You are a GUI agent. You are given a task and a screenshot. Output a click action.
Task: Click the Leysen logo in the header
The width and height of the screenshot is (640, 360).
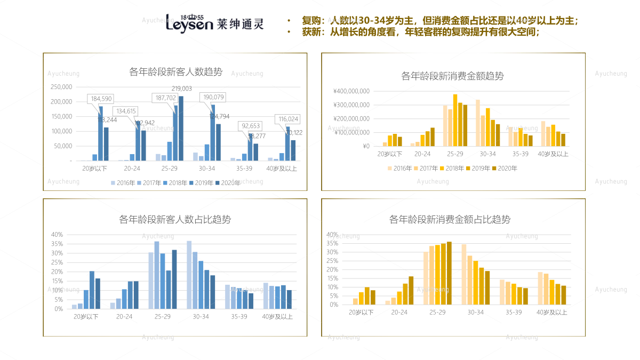[x=214, y=22]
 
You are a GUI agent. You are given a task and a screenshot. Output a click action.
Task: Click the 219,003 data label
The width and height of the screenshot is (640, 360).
[x=181, y=89]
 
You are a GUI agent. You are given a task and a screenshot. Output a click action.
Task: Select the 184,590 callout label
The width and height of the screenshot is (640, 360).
[x=101, y=99]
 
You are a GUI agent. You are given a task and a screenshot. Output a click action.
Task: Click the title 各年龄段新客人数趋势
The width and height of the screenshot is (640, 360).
[x=175, y=71]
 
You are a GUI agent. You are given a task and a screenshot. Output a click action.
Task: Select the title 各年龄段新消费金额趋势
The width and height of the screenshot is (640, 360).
[x=452, y=76]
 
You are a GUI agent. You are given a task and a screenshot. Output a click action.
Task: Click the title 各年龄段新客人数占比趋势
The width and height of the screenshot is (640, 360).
[x=175, y=219]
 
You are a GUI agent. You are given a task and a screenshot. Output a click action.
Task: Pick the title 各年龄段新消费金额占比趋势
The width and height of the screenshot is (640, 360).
[x=450, y=219]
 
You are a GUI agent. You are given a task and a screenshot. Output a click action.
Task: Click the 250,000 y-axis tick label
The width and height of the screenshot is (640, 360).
[x=61, y=87]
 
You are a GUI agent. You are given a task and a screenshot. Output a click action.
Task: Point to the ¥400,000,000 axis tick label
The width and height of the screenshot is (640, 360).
[x=351, y=91]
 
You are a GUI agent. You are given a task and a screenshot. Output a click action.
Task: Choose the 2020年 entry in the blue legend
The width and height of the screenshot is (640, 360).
[x=228, y=182]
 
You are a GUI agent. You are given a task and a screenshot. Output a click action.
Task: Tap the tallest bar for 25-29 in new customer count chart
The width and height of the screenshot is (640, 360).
[x=181, y=128]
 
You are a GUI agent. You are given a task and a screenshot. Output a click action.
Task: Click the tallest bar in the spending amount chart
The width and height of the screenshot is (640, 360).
[x=455, y=120]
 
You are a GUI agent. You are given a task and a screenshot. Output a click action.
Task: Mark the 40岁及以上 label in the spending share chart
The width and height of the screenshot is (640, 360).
[x=553, y=313]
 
